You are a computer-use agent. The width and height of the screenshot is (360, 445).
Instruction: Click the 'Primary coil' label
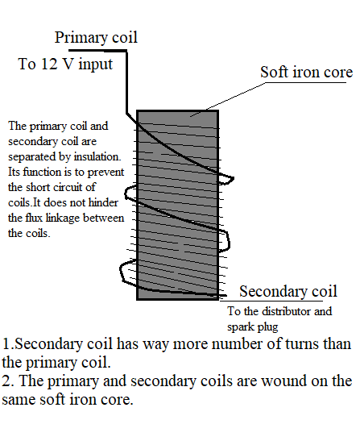96,37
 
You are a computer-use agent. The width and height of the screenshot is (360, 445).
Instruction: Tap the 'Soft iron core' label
306,73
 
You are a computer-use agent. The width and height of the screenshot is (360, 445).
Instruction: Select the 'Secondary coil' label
288,291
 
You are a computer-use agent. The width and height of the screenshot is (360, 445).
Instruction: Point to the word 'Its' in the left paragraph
14,172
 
